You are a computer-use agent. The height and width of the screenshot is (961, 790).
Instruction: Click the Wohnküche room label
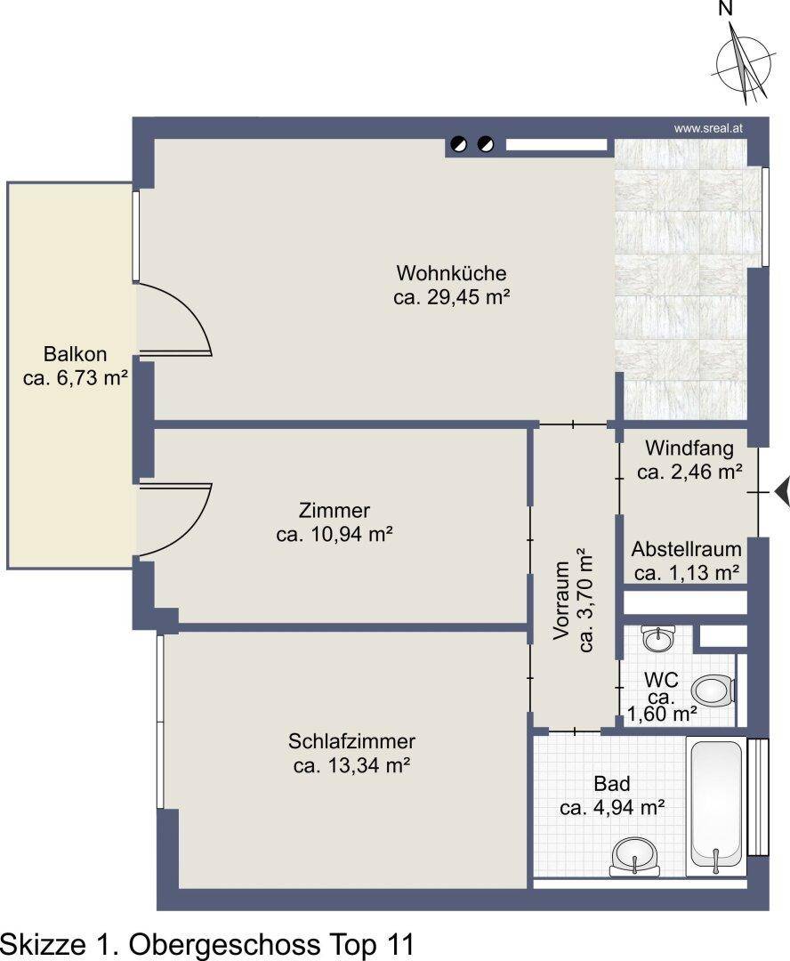pyautogui.click(x=451, y=273)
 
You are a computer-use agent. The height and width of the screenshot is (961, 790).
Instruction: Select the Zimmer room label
pyautogui.click(x=334, y=510)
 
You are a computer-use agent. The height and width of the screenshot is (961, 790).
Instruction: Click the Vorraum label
pyautogui.click(x=562, y=601)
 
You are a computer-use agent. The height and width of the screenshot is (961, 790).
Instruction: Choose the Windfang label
pyautogui.click(x=689, y=448)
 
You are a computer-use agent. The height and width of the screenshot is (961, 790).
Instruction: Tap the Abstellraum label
pyautogui.click(x=687, y=548)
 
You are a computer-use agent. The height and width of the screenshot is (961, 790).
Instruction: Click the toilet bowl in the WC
pyautogui.click(x=713, y=690)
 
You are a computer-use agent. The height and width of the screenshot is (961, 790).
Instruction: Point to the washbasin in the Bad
pyautogui.click(x=634, y=856)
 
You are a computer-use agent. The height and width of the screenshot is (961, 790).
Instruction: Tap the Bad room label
pyautogui.click(x=612, y=783)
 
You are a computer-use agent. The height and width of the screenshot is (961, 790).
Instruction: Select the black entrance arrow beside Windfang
pyautogui.click(x=782, y=491)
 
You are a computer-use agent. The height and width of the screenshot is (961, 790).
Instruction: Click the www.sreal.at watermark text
pyautogui.click(x=708, y=129)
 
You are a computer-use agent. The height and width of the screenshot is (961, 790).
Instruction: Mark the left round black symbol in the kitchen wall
pyautogui.click(x=458, y=145)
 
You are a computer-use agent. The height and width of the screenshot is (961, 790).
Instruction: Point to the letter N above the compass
pyautogui.click(x=726, y=8)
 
